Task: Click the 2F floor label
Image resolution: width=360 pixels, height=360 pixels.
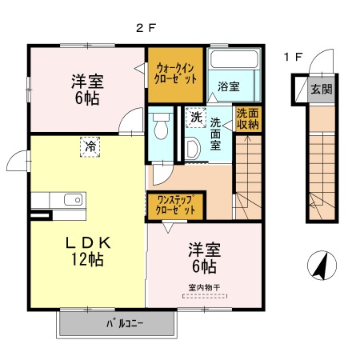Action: click(145, 27)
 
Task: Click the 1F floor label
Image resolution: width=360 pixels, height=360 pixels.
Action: click(293, 57)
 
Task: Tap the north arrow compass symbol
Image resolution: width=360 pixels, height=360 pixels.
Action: click(321, 266)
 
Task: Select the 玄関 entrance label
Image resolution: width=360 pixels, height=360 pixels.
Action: click(321, 89)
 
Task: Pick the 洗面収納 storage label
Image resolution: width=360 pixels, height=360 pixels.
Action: click(247, 119)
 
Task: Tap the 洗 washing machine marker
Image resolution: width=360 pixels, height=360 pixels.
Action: click(197, 118)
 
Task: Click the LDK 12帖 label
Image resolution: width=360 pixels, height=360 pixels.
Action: click(86, 250)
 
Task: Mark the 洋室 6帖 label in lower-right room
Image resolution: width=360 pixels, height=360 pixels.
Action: click(203, 257)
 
